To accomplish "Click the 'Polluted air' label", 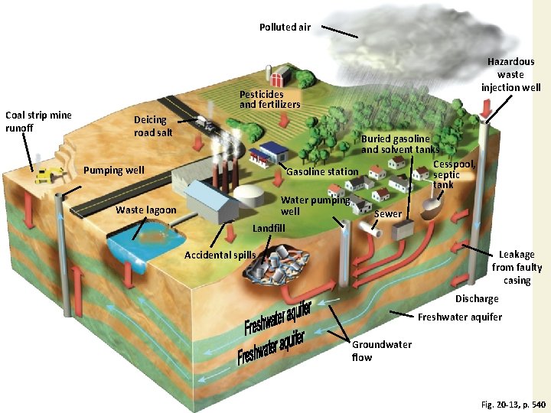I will click(285, 27).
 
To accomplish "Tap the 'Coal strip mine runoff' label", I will click(38, 122).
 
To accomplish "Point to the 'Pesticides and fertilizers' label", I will click(269, 99).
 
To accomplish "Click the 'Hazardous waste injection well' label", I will click(510, 74).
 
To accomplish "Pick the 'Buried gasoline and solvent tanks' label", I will click(399, 144).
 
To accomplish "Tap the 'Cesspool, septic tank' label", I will click(454, 174).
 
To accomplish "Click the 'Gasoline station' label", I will click(321, 171).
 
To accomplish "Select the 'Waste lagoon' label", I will click(145, 210).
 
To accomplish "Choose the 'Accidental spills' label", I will click(220, 255).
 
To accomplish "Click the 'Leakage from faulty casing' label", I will click(517, 267).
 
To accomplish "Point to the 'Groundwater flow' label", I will click(381, 350).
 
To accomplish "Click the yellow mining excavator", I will click(50, 174).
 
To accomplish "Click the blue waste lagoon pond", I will click(138, 244).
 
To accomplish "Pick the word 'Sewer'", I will click(387, 214).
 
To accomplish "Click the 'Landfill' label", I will click(269, 228).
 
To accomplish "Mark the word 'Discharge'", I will click(477, 298).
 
